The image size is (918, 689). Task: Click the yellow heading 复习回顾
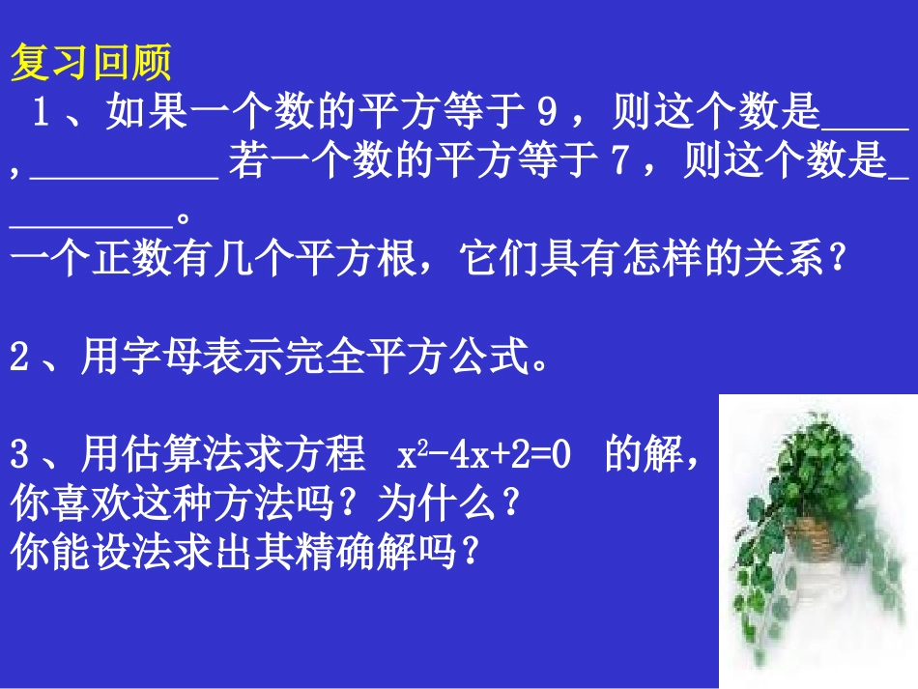coord(91,65)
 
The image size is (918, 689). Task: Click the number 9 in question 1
coord(548,115)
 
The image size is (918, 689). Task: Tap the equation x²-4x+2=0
coord(482,455)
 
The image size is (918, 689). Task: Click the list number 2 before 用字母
coord(20,359)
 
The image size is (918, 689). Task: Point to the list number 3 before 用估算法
coord(20,454)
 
